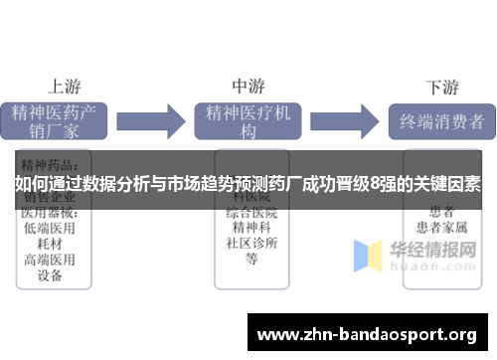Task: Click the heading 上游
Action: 64,86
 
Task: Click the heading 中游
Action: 248,86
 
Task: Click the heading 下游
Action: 442,87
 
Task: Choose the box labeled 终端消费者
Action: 441,122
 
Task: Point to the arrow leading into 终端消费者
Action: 343,121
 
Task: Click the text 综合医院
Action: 251,213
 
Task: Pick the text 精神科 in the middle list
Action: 251,228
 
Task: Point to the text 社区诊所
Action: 251,244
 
